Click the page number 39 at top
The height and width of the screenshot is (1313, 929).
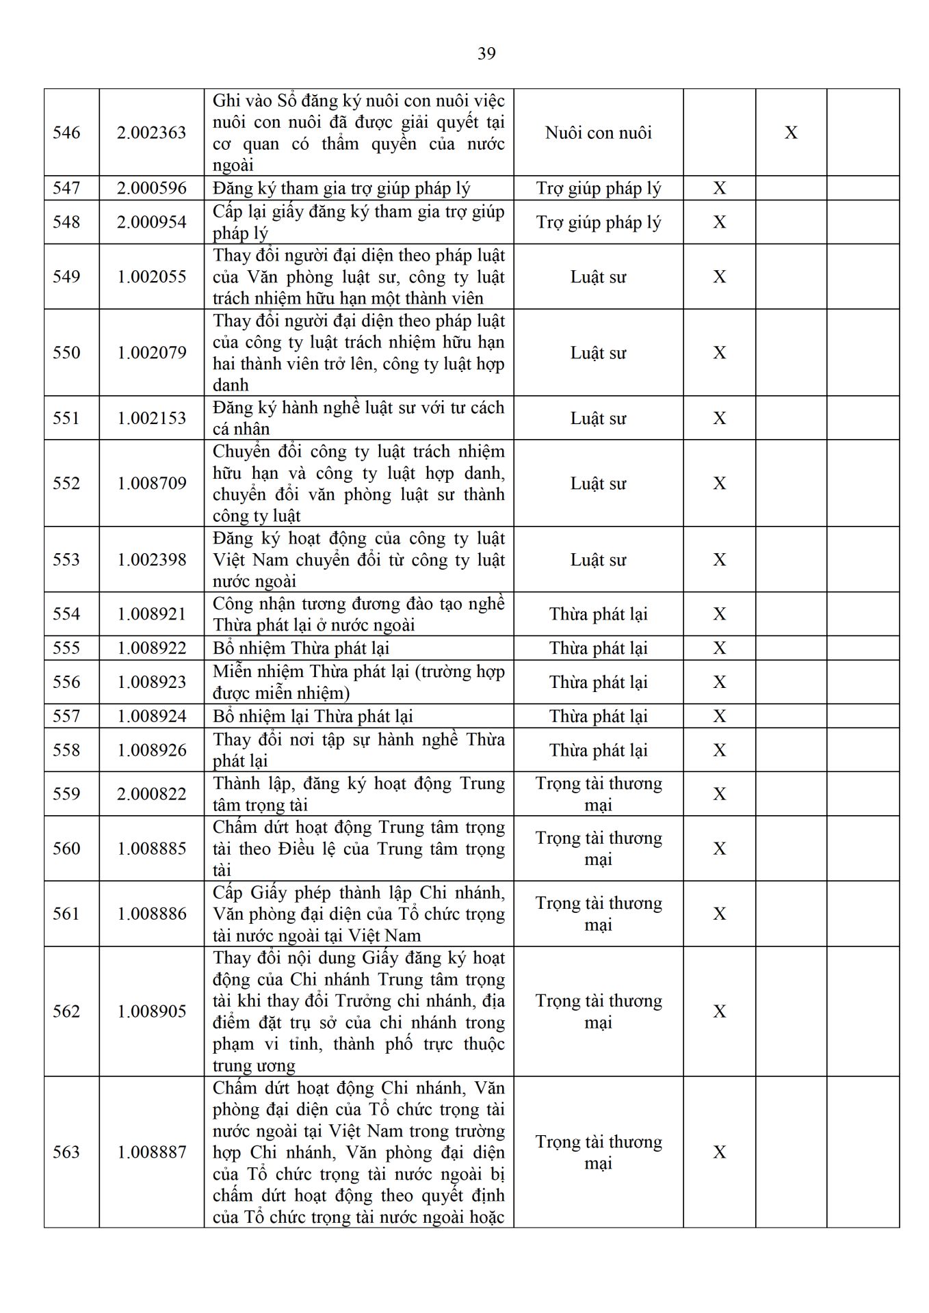tap(486, 53)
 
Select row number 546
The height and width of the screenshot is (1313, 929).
tap(66, 133)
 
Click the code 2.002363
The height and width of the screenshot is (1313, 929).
tap(151, 133)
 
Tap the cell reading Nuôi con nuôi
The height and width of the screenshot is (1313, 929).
tap(598, 133)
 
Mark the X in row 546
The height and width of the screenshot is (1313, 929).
tap(791, 133)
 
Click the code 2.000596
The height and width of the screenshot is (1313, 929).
tap(151, 188)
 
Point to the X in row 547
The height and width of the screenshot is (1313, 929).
tap(719, 188)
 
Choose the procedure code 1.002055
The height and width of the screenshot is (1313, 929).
tap(151, 277)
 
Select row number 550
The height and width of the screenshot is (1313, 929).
tap(66, 353)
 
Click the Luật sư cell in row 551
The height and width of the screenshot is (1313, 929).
tap(598, 419)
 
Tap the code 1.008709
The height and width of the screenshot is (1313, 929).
tap(151, 483)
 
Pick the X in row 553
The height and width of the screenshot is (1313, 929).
tap(719, 560)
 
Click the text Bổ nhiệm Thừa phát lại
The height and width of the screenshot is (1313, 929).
tap(301, 648)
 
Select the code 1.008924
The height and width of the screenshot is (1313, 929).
tap(151, 716)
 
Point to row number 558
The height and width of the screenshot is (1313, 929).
tap(66, 750)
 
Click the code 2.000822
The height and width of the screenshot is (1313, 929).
tap(151, 794)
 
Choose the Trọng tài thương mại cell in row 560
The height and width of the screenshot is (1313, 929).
tap(598, 849)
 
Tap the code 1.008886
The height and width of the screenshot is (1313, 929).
tap(151, 914)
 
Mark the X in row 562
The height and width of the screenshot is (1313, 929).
tap(719, 1011)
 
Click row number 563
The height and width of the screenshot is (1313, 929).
tap(66, 1152)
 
